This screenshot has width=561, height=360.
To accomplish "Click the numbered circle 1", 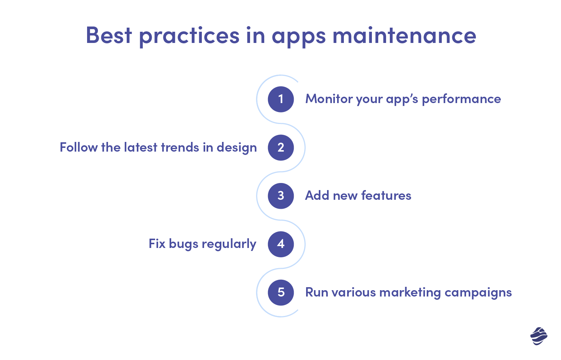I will tap(281, 99).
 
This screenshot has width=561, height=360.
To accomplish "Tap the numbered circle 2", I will tap(281, 148).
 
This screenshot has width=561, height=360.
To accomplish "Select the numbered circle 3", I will tap(281, 196).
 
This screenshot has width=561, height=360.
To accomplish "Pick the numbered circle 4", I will tap(281, 244).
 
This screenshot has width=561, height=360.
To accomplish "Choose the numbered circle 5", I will tap(281, 292).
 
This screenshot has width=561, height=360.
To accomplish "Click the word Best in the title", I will tap(109, 35).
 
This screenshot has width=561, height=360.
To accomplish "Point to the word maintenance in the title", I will tap(404, 35).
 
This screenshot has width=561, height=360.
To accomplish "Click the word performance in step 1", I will tap(461, 99).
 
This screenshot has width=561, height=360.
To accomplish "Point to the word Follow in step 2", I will tap(78, 148).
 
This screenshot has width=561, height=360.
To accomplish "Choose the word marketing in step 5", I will tap(410, 293).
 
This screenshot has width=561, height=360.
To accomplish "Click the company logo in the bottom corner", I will tap(539, 336).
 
